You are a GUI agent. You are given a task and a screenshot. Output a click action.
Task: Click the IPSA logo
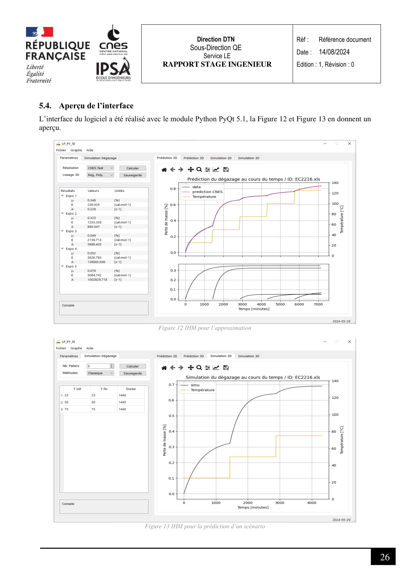click(x=113, y=70)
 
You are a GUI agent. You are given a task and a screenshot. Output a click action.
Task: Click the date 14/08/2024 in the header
click(x=334, y=52)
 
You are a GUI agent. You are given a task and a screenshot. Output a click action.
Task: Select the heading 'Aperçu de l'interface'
click(x=96, y=106)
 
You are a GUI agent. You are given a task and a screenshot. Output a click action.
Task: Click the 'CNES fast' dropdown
click(x=100, y=168)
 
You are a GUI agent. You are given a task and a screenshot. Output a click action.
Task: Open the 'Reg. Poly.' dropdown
click(x=100, y=175)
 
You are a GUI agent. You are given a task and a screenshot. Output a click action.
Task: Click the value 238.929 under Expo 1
click(x=93, y=205)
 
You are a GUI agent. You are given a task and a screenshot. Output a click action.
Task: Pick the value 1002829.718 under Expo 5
click(x=97, y=280)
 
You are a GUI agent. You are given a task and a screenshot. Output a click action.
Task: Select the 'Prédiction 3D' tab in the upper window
click(x=193, y=158)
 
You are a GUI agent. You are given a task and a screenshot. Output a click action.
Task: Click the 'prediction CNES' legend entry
click(x=207, y=192)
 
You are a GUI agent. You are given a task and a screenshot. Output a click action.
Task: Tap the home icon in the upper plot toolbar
click(x=164, y=170)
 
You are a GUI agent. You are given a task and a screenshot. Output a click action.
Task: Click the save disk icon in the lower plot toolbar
click(x=226, y=368)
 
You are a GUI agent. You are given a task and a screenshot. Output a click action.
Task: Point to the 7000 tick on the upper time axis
click(x=318, y=304)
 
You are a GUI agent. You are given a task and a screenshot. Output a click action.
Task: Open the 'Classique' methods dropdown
click(x=100, y=373)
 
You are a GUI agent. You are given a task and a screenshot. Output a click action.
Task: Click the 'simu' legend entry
click(x=195, y=385)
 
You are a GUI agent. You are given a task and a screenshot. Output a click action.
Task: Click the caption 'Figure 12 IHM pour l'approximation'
click(x=205, y=328)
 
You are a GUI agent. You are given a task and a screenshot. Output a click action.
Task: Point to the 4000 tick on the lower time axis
click(x=312, y=503)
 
